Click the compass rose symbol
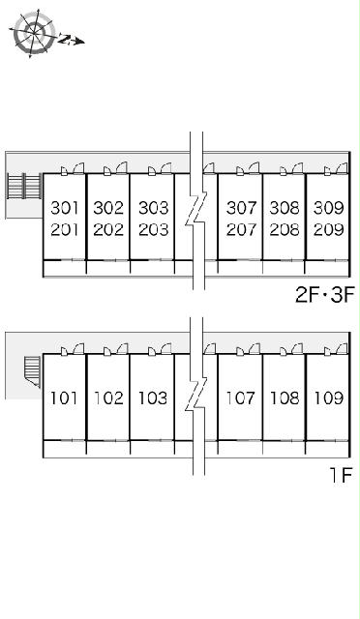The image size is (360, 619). pos(34,33)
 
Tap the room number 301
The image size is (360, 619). pos(65,208)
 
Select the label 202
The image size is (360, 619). pos(108,229)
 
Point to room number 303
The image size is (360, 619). pos(154,208)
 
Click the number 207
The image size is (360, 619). pos(241,229)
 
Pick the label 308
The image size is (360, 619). pos(285,208)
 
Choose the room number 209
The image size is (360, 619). pos(329,229)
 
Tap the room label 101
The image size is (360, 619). pos(64,398)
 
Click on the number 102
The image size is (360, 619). pos(108,398)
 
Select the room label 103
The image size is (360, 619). pos(153,398)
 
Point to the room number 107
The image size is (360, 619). pos(240,398)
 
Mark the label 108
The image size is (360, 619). pos(285,398)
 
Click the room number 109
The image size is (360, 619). pos(329,398)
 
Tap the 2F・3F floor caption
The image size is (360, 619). pos(325,294)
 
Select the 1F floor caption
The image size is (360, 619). pos(341,475)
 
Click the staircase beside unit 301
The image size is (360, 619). pos(24,186)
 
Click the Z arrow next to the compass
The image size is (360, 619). pos(72,40)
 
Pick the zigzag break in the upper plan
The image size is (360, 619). pos(196,211)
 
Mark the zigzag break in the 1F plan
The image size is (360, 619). pos(196,396)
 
